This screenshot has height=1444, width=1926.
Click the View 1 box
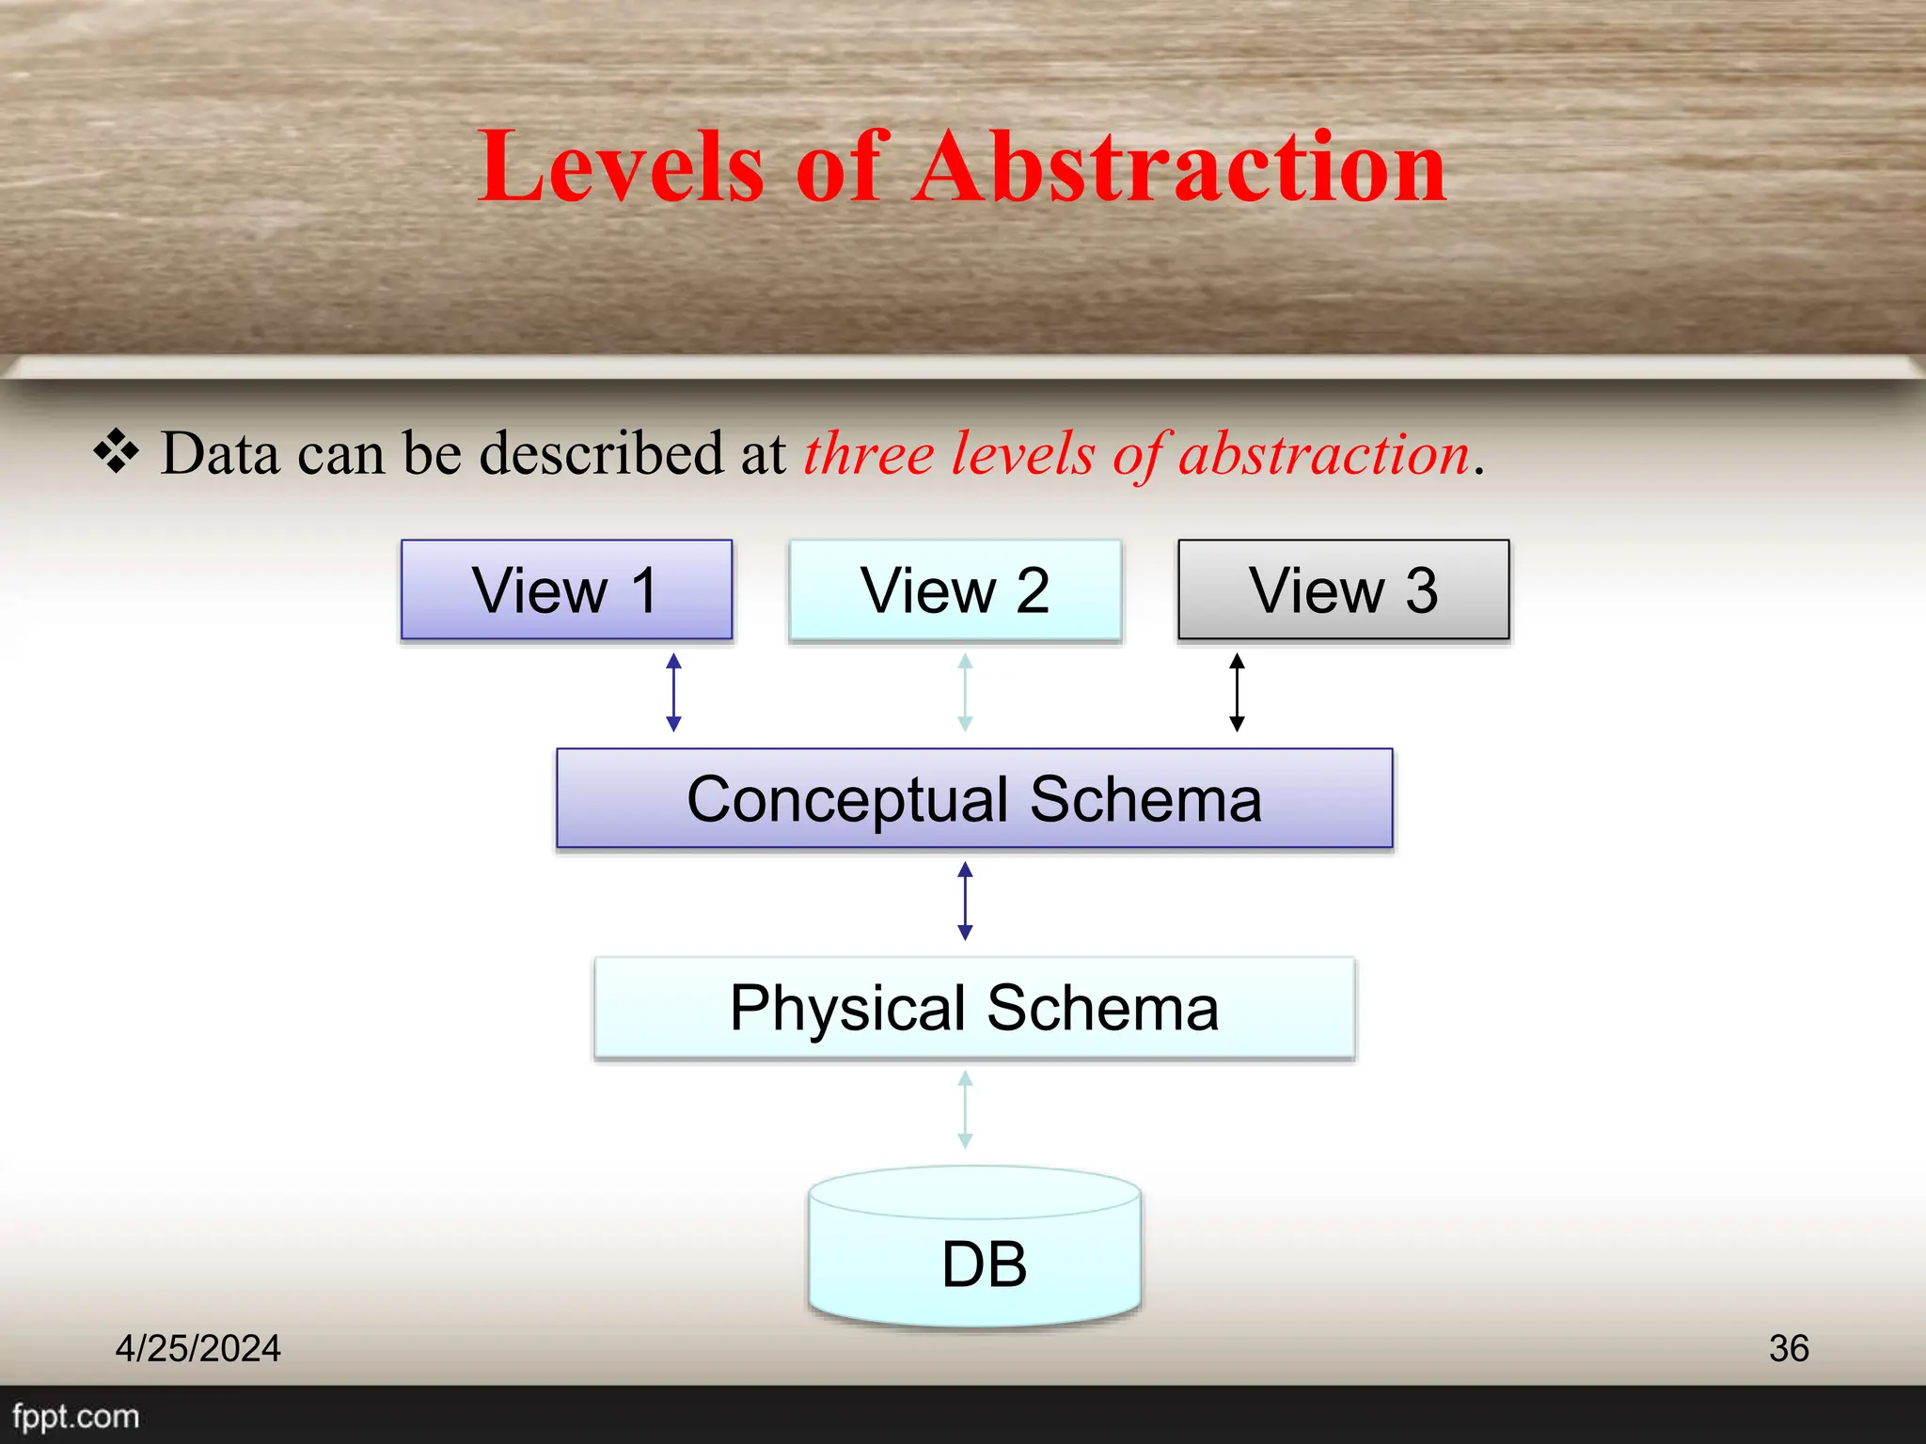click(x=566, y=589)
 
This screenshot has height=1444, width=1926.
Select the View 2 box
click(x=955, y=589)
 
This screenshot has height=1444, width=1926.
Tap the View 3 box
click(x=1344, y=589)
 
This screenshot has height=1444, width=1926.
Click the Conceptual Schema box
click(x=974, y=798)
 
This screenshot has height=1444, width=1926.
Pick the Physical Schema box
click(x=974, y=1008)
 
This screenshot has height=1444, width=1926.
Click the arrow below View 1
click(x=673, y=693)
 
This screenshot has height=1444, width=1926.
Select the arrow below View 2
click(x=965, y=693)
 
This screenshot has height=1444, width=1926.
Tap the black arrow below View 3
click(x=1237, y=693)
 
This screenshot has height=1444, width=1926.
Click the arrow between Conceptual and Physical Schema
click(x=965, y=902)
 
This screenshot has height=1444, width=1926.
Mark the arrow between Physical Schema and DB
click(x=965, y=1109)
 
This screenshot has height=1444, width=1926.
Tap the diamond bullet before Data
click(x=117, y=451)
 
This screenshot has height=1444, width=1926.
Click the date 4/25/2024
click(x=197, y=1348)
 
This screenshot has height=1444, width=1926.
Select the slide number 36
click(x=1789, y=1348)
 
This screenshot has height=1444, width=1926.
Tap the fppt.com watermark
click(x=75, y=1416)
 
